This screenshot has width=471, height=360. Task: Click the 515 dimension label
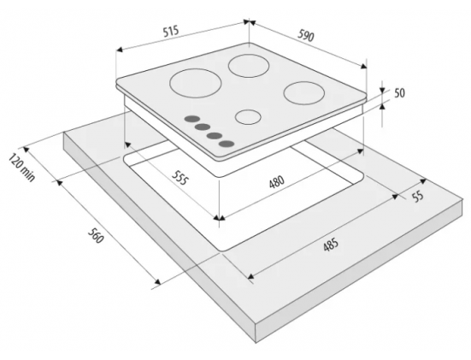pyautogui.click(x=171, y=32)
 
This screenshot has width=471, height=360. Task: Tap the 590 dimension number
pyautogui.click(x=306, y=35)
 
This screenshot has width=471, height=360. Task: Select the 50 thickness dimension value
pyautogui.click(x=399, y=93)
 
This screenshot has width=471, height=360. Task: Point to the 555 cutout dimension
pyautogui.click(x=180, y=177)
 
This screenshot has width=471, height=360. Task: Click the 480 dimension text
pyautogui.click(x=277, y=181)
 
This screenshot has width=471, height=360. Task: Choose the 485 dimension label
pyautogui.click(x=331, y=245)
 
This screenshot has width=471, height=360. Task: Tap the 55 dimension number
pyautogui.click(x=417, y=197)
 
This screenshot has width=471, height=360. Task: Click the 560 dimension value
pyautogui.click(x=96, y=236)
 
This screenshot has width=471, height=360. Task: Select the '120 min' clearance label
pyautogui.click(x=21, y=167)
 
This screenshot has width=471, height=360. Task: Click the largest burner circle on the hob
pyautogui.click(x=196, y=83)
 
